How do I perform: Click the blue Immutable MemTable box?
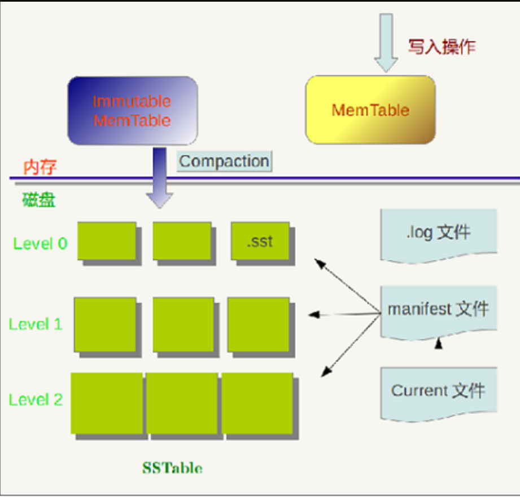pyautogui.click(x=132, y=111)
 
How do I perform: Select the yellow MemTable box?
pyautogui.click(x=370, y=109)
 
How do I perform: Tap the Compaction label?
pyautogui.click(x=224, y=161)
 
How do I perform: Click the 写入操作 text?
pyautogui.click(x=442, y=46)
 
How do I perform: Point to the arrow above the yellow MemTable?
pyautogui.click(x=387, y=43)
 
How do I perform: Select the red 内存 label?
pyautogui.click(x=40, y=167)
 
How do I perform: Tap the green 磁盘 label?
pyautogui.click(x=38, y=200)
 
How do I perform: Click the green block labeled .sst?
pyautogui.click(x=260, y=241)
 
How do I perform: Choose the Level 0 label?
pyautogui.click(x=41, y=244)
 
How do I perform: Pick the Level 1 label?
pyautogui.click(x=36, y=324)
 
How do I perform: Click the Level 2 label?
pyautogui.click(x=36, y=399)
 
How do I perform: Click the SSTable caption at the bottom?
pyautogui.click(x=172, y=468)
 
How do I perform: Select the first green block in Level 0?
pyautogui.click(x=106, y=241)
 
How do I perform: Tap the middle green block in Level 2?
pyautogui.click(x=181, y=403)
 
